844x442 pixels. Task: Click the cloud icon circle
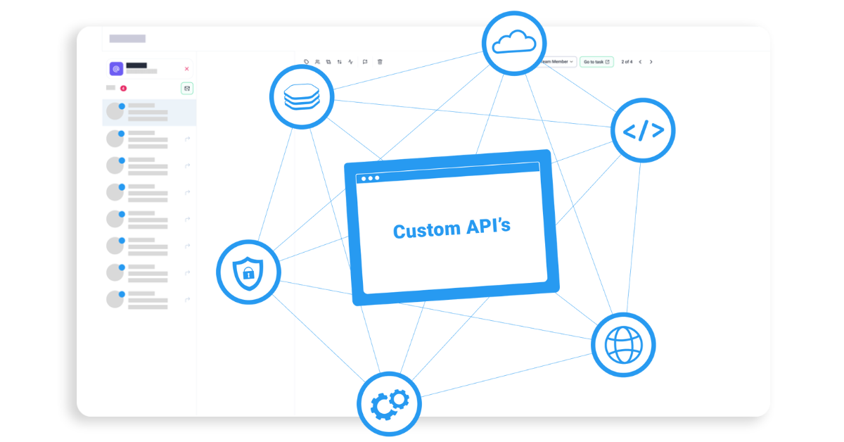pos(513,43)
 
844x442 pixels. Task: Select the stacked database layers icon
pos(302,96)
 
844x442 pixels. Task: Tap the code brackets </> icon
pos(643,130)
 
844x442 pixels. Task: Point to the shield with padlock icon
pos(248,272)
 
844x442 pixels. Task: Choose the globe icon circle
pos(623,344)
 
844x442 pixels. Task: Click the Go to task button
pos(596,62)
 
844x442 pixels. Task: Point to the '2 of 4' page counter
pos(627,62)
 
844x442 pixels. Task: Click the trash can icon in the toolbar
pos(380,62)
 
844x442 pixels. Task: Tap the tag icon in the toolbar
pos(307,62)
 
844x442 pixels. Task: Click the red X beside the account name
pos(186,69)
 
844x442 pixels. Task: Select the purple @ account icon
pos(116,69)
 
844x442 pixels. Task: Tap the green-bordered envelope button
pos(186,88)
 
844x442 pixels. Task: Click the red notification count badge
pos(123,88)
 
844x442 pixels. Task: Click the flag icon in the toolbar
pos(365,62)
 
